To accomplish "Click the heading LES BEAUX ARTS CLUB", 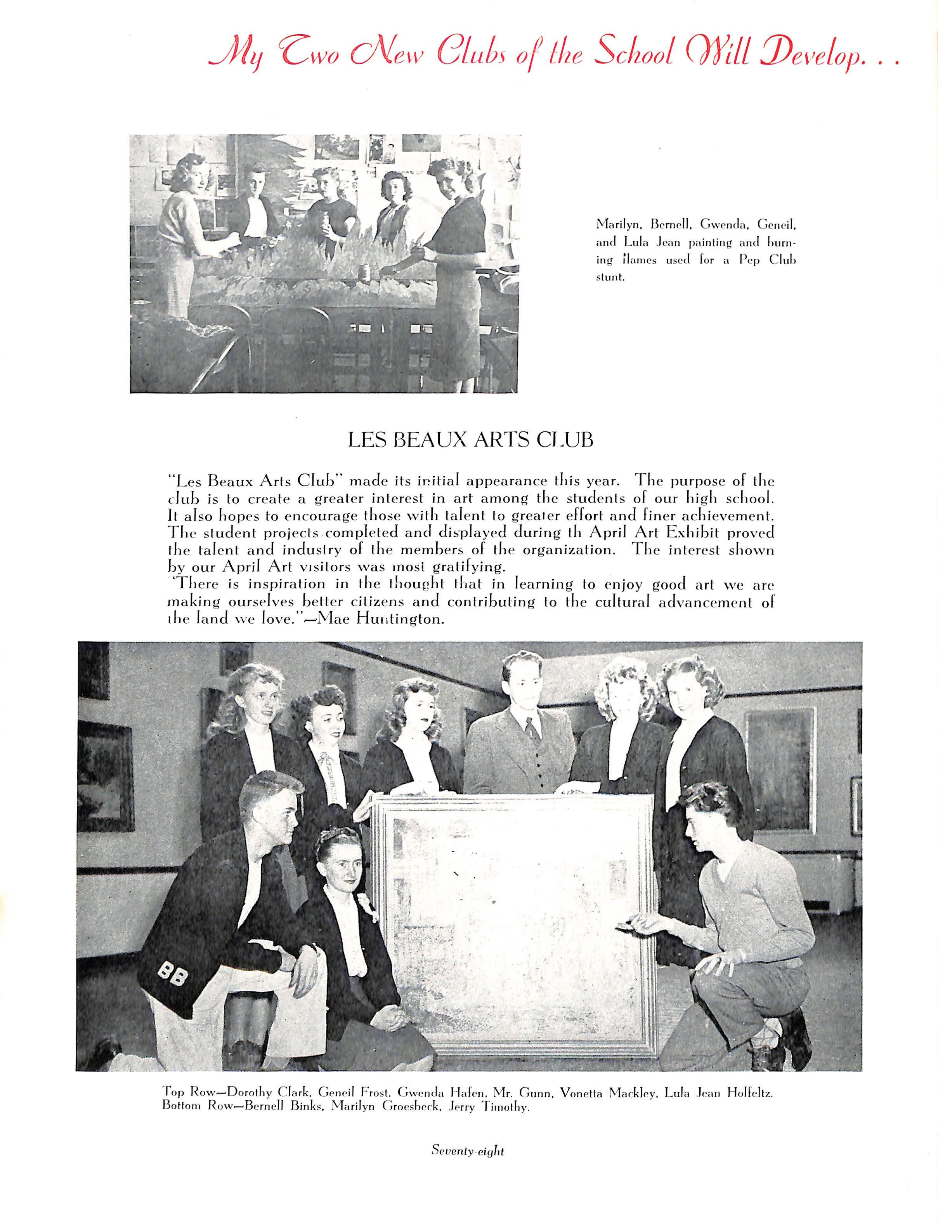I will (x=470, y=441).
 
